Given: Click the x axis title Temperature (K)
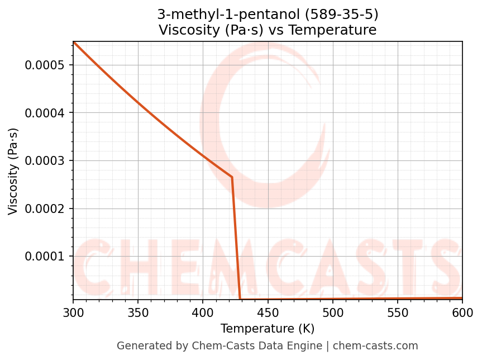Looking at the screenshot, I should (268, 329).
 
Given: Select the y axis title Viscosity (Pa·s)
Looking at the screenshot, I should (13, 171).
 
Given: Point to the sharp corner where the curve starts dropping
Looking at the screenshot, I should (232, 177).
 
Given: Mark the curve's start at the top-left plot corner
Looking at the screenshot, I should (73, 42).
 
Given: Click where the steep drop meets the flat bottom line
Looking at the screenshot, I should (240, 299).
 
